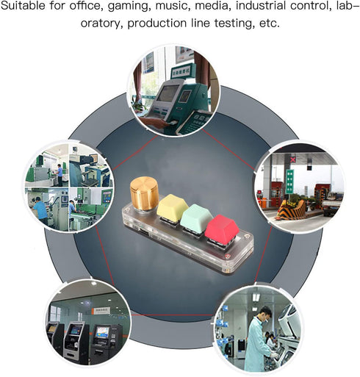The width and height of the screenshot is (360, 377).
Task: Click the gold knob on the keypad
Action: (x=144, y=193)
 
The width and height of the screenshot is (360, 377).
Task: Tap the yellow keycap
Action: (x=173, y=208)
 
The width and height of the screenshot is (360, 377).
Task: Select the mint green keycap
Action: (x=196, y=218)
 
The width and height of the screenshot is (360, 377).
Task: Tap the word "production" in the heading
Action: (x=157, y=24)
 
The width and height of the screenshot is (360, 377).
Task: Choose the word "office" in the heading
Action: (x=85, y=5)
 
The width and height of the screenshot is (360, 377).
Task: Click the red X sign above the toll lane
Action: (x=293, y=159)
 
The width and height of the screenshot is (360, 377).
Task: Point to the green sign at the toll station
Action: (x=289, y=181)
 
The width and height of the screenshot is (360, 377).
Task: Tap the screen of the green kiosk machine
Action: (x=168, y=93)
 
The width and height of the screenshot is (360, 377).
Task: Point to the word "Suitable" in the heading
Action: (x=23, y=5)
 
